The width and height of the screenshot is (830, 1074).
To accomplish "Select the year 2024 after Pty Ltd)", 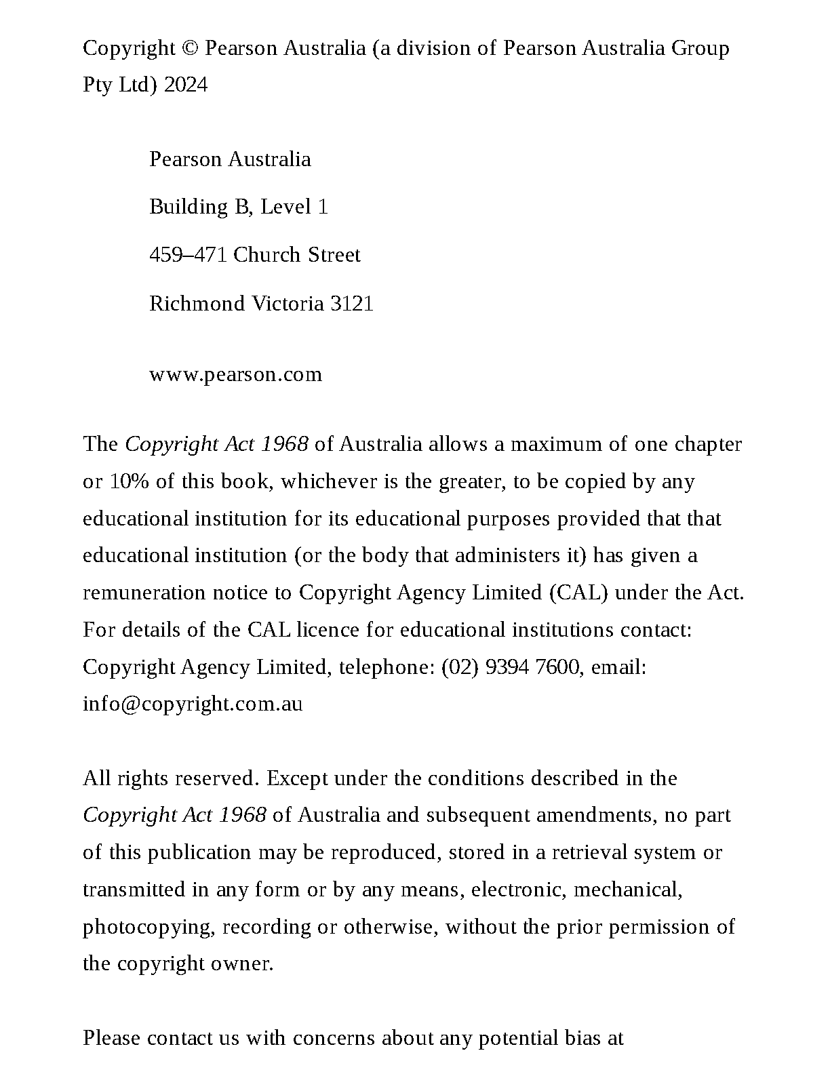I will (186, 85).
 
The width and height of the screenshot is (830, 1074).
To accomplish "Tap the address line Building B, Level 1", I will (239, 207).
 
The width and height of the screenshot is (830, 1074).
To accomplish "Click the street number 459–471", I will (188, 255).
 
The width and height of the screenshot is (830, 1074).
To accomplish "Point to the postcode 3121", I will (352, 303).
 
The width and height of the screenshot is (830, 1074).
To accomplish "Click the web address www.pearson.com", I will (235, 374).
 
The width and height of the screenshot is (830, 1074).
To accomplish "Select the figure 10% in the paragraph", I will (125, 481).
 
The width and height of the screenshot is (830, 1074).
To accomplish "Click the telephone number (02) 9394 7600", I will (511, 667).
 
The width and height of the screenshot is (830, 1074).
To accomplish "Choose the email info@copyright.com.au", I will (193, 704).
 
